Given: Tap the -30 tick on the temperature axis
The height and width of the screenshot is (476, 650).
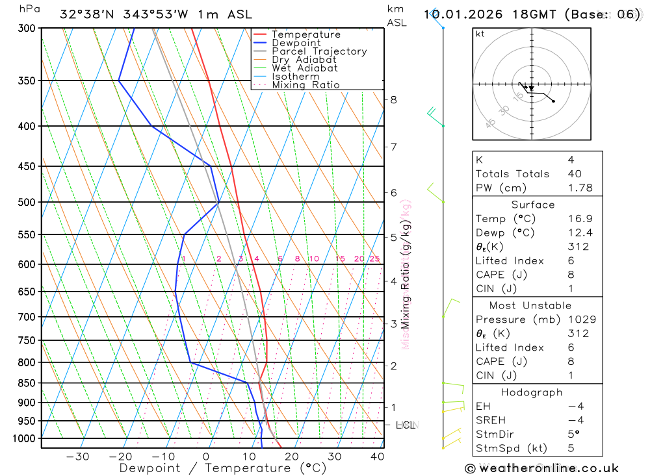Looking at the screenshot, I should pos(77,457).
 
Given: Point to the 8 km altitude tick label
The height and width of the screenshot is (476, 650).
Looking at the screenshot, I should pos(393,99).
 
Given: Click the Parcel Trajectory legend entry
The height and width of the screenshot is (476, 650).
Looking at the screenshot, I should pos(319,51).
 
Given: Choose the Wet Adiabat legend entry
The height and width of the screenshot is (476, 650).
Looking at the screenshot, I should pos(305,68).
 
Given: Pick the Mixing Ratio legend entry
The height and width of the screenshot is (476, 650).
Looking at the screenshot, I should pos(305,85).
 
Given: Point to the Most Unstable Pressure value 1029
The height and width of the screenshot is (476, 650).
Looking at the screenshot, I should pos(581,319).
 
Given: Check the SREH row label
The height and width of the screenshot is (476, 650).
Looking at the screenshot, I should pos(491,421).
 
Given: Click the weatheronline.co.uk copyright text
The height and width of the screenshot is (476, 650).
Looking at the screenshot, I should pos(541,468).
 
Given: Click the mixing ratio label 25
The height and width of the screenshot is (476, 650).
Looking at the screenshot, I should pos(374,259).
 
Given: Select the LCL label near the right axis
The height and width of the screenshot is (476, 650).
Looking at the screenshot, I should pos(405,425).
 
